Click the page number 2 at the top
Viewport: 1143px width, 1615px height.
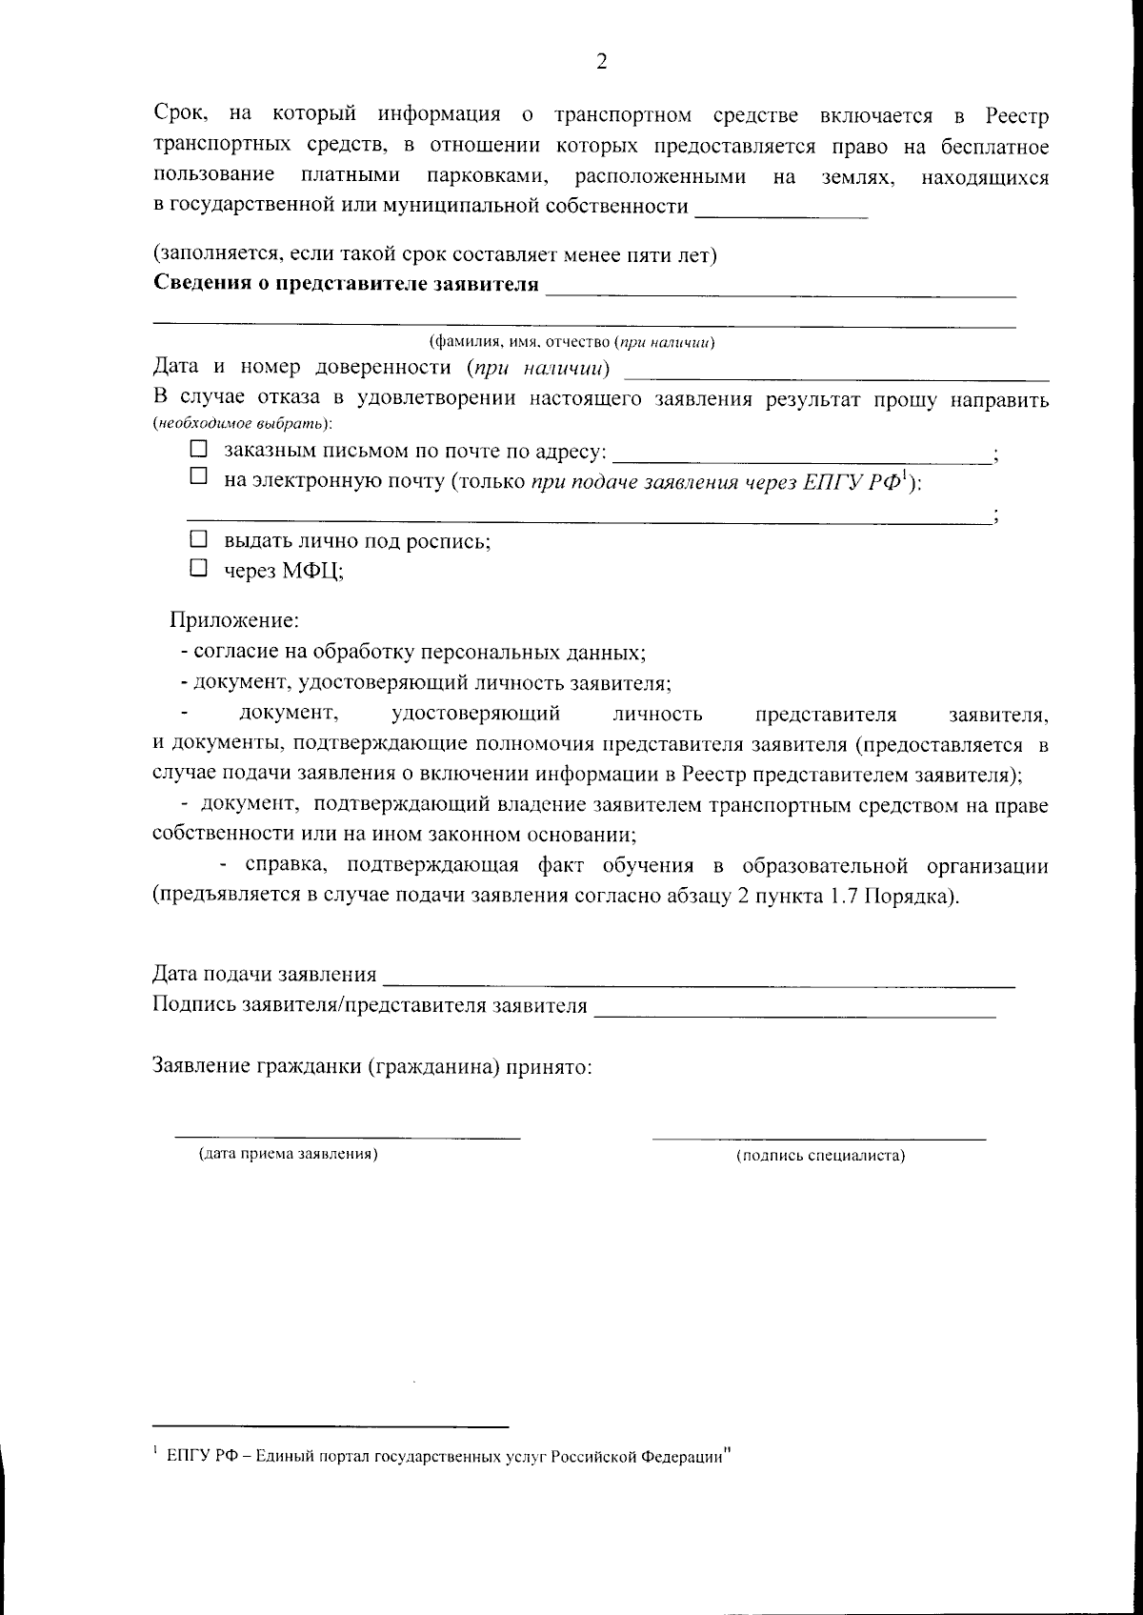click(x=601, y=62)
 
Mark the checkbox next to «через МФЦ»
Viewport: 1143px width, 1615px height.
click(x=198, y=569)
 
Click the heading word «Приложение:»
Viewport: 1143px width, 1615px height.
click(x=234, y=621)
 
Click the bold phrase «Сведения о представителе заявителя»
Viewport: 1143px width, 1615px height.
click(x=345, y=284)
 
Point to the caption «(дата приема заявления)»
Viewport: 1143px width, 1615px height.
click(x=288, y=1154)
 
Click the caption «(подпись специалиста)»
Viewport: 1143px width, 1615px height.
click(x=820, y=1156)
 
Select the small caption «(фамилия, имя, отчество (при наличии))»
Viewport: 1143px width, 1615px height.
click(x=571, y=342)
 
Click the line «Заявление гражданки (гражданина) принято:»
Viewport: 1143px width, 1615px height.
click(x=373, y=1066)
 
